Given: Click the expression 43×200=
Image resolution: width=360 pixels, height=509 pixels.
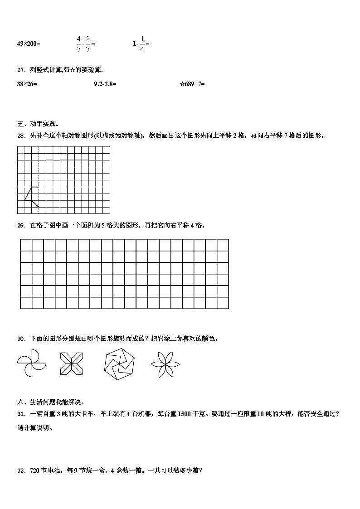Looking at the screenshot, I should tap(28, 44).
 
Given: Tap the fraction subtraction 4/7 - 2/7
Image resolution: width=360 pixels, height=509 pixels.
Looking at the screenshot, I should tap(85, 44).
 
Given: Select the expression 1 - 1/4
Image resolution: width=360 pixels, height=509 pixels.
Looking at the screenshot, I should tap(141, 44).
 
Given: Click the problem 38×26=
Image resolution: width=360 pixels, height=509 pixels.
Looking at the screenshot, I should tap(27, 84).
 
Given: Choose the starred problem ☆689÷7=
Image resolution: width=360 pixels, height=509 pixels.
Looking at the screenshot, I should tap(192, 84).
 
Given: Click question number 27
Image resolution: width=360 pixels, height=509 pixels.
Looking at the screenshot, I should tap(21, 70).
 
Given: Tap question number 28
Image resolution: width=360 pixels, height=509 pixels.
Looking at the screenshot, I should tap(21, 135).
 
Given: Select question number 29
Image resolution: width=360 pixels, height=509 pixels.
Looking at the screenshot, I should tap(21, 225).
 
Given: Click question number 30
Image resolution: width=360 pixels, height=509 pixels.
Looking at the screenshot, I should tap(21, 339).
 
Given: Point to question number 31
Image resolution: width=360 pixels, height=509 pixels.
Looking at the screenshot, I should tap(21, 413).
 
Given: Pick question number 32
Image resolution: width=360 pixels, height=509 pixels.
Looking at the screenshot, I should tap(21, 470).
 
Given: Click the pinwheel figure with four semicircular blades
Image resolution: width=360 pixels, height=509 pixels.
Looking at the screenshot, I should tap(32, 364).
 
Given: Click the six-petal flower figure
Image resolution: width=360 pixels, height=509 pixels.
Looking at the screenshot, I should tap(165, 364).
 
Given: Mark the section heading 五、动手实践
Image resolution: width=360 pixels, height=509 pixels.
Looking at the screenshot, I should tap(38, 123).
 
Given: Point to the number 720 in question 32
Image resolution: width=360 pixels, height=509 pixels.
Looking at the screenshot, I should tap(35, 470).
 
